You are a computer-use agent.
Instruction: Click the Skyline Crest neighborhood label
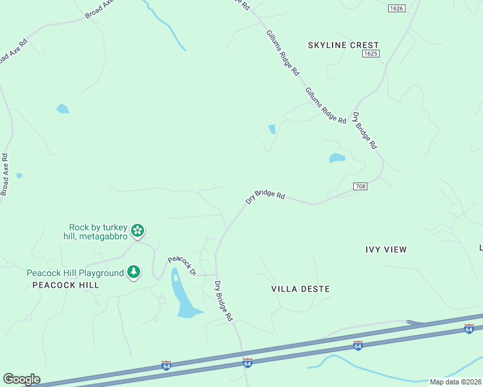click(343, 45)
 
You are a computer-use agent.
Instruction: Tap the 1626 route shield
click(396, 8)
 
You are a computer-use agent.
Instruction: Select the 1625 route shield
click(370, 54)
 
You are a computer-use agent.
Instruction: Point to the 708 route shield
click(360, 186)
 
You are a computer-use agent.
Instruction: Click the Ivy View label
click(386, 249)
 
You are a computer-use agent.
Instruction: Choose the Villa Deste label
click(300, 289)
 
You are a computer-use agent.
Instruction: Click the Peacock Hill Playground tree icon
click(134, 272)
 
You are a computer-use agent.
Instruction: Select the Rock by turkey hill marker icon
click(138, 230)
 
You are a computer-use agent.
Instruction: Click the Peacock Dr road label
click(182, 266)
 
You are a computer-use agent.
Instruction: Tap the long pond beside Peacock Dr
click(182, 295)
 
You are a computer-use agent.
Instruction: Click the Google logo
click(21, 379)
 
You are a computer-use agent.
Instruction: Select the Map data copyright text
click(455, 382)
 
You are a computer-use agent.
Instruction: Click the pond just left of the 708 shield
click(337, 158)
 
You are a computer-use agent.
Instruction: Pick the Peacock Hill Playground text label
click(75, 273)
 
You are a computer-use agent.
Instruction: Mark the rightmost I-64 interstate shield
click(469, 330)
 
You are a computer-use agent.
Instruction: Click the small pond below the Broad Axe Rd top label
click(63, 108)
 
